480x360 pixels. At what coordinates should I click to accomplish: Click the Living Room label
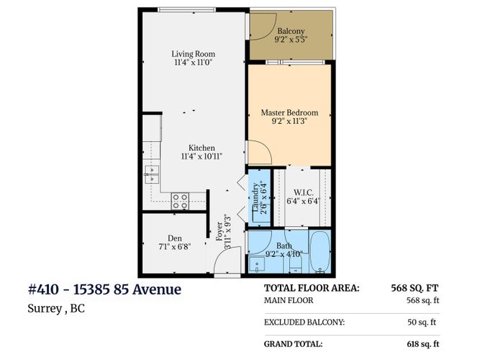point(193,54)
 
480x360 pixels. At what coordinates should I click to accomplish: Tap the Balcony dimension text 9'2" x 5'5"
point(291,40)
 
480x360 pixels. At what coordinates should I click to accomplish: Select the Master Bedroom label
point(289,112)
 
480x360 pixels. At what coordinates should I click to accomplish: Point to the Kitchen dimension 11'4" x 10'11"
point(201,156)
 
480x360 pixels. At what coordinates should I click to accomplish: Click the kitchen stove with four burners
point(180,201)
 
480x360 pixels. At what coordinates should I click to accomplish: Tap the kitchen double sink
point(152,174)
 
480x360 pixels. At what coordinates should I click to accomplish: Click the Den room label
point(175,238)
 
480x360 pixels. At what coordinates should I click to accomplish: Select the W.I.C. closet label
point(304,193)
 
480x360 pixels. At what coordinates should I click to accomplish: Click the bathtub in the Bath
point(320,252)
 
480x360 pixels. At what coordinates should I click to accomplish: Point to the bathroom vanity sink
point(256,265)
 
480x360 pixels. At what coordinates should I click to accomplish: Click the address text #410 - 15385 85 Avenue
point(104,289)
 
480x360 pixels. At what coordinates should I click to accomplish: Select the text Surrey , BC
point(56,309)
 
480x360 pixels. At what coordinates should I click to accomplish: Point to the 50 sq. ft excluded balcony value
point(422,322)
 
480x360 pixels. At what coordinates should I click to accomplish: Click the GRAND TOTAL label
point(294,343)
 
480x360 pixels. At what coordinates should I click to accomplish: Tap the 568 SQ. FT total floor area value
point(415,288)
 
